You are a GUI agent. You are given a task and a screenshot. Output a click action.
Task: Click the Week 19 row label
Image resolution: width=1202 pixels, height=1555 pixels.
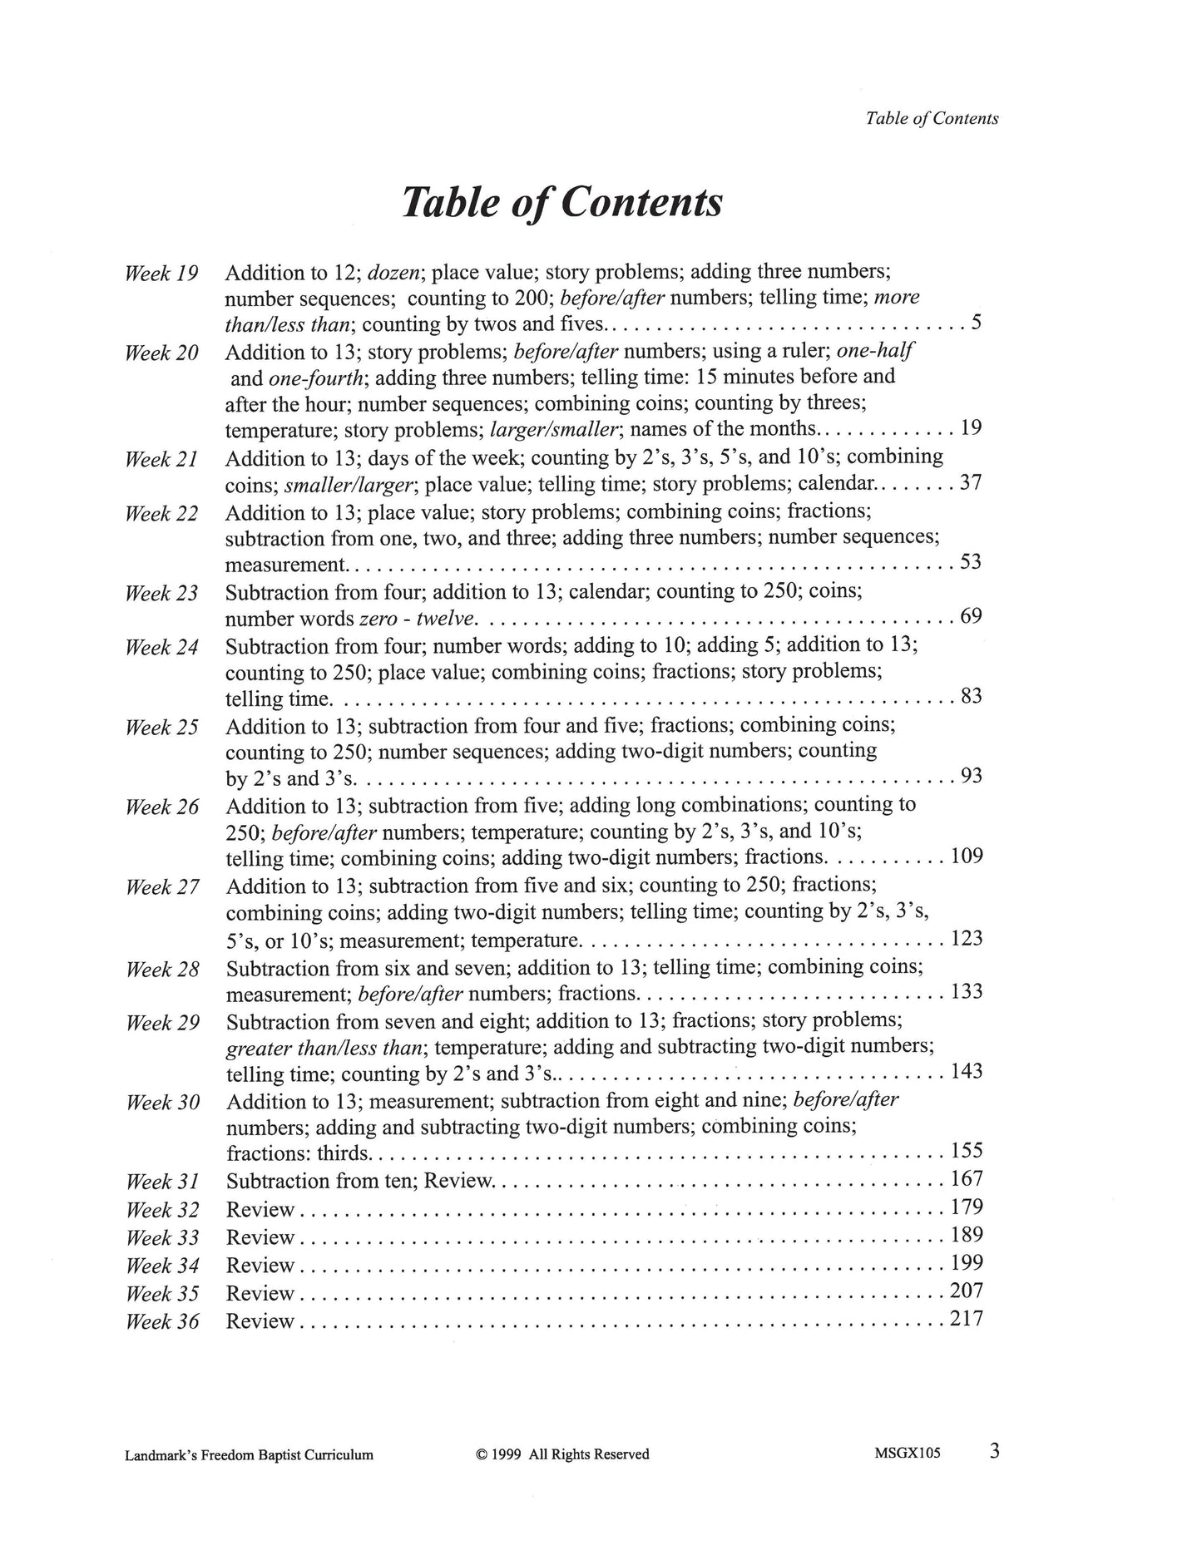tap(161, 274)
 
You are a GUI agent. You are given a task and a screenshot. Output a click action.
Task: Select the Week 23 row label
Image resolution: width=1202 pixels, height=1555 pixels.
tap(161, 594)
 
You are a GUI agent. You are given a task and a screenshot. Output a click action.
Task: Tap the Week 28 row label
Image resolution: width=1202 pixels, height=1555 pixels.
tap(162, 970)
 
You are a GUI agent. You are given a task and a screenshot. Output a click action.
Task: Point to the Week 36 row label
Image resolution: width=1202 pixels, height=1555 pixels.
tap(162, 1321)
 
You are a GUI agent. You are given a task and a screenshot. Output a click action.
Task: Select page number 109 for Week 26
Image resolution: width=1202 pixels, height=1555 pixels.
tap(966, 856)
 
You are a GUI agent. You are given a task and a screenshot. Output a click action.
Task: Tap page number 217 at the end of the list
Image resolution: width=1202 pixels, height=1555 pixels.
tap(966, 1319)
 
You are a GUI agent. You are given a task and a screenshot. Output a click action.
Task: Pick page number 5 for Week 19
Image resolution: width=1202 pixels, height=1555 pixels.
tap(977, 322)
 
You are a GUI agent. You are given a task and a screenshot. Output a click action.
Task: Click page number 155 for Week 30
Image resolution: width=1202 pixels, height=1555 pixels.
tap(966, 1151)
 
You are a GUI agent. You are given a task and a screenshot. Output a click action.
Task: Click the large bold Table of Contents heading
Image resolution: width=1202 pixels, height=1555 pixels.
tap(561, 202)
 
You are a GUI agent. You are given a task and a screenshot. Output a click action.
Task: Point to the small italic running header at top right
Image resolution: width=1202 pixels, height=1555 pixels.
tap(932, 118)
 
